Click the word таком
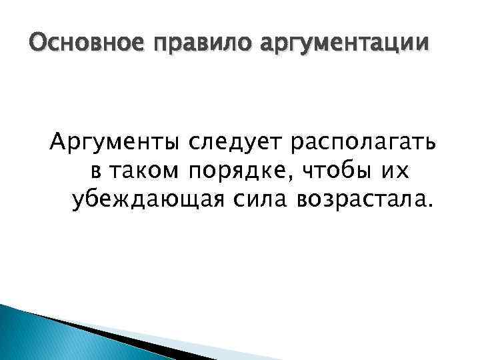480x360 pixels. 142,171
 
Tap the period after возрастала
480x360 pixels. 429,205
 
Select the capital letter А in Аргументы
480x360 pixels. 58,143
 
